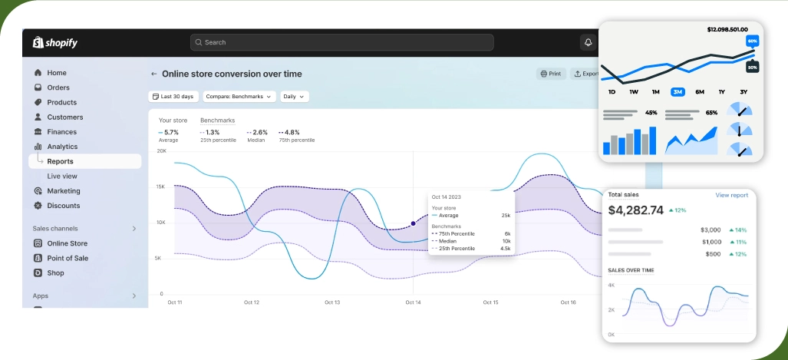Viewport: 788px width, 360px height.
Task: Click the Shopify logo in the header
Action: (x=54, y=43)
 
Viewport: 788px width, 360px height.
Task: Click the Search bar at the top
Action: (x=341, y=42)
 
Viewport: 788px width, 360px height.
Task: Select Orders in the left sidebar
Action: (x=58, y=88)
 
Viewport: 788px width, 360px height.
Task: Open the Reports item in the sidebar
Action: (x=61, y=161)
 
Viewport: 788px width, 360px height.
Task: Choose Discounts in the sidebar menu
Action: (x=63, y=206)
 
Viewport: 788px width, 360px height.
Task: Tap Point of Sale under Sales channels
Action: (x=68, y=258)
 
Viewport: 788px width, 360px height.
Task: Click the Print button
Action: (x=551, y=74)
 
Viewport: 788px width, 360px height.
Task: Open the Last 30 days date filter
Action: (x=173, y=97)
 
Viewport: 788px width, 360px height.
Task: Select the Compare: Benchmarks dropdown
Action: (x=240, y=97)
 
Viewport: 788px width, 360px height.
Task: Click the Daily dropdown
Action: (x=294, y=97)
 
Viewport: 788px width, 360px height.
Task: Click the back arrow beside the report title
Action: (x=153, y=74)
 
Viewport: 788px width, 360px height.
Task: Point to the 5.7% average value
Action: (x=170, y=132)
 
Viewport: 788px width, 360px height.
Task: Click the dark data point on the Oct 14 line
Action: (x=413, y=223)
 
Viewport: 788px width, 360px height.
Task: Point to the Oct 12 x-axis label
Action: (x=252, y=302)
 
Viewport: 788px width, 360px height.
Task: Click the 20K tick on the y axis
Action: (x=161, y=151)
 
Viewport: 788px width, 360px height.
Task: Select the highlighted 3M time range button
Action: (x=678, y=91)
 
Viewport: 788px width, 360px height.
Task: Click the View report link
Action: (x=731, y=195)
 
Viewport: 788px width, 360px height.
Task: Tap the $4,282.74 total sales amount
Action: (x=635, y=210)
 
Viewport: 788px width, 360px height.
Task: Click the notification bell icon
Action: (x=589, y=42)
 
